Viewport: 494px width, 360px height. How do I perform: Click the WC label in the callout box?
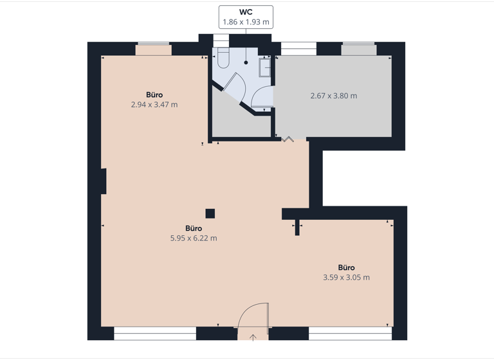coord(246,12)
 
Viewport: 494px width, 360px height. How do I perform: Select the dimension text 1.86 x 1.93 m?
coord(246,22)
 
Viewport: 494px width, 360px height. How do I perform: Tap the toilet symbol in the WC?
coord(223,59)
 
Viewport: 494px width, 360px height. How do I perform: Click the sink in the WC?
coord(264,67)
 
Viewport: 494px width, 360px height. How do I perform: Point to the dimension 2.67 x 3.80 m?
coord(333,96)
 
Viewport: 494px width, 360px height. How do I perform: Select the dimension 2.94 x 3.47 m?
coord(154,104)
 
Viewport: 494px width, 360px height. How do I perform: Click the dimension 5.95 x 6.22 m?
coord(194,238)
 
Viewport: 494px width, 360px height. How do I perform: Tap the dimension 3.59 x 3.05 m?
coord(346,278)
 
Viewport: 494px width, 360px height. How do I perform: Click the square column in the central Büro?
coord(210,213)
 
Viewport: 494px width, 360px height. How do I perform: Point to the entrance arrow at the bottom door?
coord(253,336)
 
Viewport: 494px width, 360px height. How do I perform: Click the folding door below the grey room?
coord(287,138)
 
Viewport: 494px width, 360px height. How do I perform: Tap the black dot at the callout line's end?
coord(246,63)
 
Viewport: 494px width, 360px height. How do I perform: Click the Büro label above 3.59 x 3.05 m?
coord(346,267)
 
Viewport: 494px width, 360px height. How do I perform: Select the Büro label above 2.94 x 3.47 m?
coord(154,94)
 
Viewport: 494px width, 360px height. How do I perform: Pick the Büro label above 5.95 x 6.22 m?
coord(194,228)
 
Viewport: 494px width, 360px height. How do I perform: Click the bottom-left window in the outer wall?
coord(155,332)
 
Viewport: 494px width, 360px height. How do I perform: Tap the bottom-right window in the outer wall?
coord(350,332)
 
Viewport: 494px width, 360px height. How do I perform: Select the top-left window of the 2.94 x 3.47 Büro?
coord(153,48)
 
